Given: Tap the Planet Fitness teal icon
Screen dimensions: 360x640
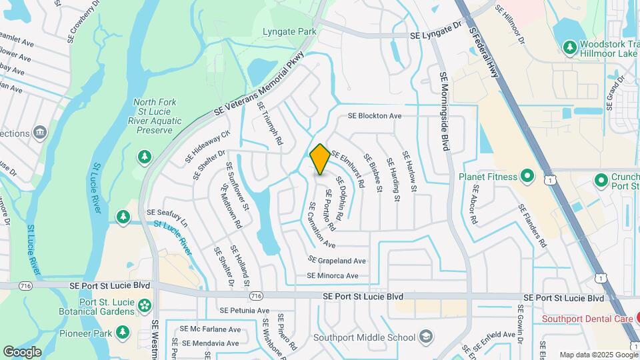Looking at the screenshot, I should (527, 177).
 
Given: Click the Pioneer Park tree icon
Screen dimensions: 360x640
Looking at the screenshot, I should (122, 332).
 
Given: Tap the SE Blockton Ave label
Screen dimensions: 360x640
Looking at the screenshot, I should (375, 116).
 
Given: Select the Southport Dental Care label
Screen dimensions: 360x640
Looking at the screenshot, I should (587, 319).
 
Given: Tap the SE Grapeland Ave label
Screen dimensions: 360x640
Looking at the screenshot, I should (337, 260).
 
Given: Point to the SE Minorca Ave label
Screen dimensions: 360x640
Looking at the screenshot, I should (333, 275).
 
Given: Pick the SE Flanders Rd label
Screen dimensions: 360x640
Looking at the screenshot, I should (533, 227).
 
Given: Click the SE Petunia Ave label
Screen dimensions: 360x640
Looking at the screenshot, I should (244, 311).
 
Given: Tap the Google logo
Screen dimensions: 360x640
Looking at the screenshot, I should (23, 351).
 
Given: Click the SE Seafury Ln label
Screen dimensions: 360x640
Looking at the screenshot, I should (168, 216).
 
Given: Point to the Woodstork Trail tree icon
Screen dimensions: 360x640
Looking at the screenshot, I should (569, 47).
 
